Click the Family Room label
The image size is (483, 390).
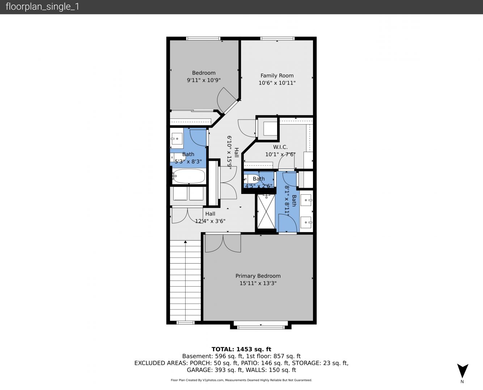click(x=277, y=75)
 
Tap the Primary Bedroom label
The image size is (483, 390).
click(x=258, y=276)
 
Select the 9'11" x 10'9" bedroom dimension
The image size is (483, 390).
click(x=204, y=80)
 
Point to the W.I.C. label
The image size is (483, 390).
click(x=280, y=147)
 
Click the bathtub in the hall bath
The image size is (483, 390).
click(x=188, y=176)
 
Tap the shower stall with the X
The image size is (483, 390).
click(x=266, y=212)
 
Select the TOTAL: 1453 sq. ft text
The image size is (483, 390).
click(x=241, y=349)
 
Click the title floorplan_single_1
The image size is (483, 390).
click(x=42, y=7)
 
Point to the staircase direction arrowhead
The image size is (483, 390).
click(x=186, y=242)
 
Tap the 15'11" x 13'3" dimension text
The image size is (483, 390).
click(x=258, y=283)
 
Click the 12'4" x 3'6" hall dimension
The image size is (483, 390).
click(x=210, y=221)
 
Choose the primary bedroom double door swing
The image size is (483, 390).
click(x=223, y=243)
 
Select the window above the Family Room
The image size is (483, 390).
click(x=277, y=39)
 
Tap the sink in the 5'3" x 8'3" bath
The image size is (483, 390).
click(x=177, y=139)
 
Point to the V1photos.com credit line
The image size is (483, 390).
click(x=241, y=380)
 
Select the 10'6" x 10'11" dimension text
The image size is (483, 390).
click(x=277, y=83)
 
